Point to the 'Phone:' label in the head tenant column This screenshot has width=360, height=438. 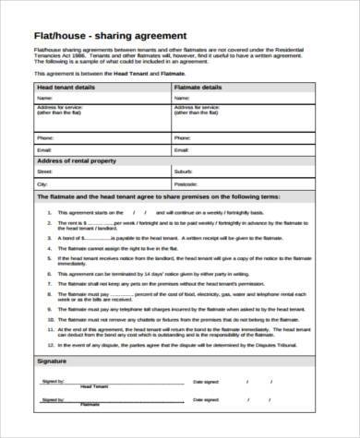(x=44, y=136)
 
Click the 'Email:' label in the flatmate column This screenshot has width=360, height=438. (x=181, y=148)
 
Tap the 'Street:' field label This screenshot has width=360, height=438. (x=44, y=172)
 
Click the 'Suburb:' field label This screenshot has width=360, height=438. (x=182, y=172)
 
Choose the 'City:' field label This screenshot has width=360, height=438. (x=42, y=183)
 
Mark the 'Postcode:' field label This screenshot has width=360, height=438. (x=184, y=183)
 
